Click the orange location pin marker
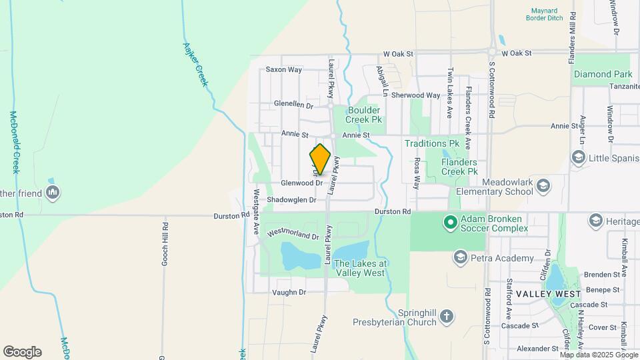320,159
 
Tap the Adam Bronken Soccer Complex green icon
450,222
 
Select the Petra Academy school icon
460,257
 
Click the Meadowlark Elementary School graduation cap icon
543,185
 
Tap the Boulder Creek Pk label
363,115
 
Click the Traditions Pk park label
432,143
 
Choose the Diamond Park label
603,74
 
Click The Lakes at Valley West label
359,267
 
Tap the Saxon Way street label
284,69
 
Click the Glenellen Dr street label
293,105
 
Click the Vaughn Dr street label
289,292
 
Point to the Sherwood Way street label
416,95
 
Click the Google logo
22,352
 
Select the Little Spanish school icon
578,157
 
